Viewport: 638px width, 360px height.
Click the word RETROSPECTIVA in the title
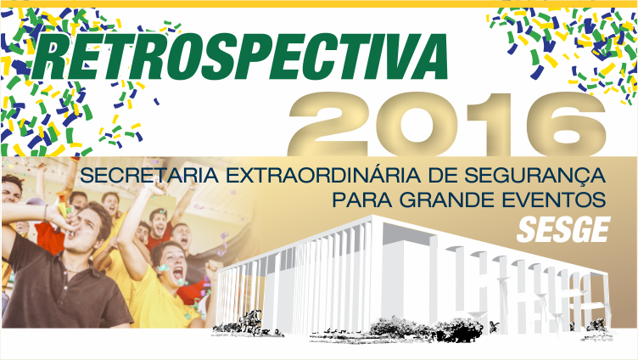pyautogui.click(x=242, y=58)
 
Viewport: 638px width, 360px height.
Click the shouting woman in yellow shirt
pyautogui.click(x=170, y=272)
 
